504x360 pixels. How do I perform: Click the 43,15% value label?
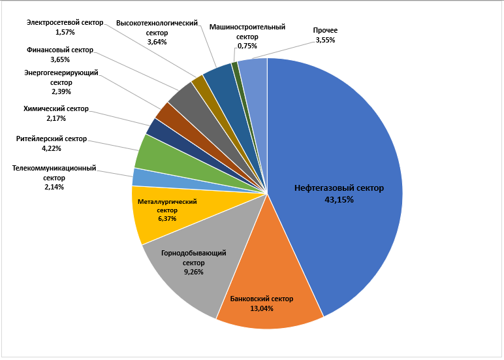pos(339,200)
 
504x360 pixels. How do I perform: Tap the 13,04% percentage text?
pos(261,309)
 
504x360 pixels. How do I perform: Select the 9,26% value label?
pos(185,271)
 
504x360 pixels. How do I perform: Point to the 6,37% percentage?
pos(167,219)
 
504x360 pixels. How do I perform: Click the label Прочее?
pos(324,30)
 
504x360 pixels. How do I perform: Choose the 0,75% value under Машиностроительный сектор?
pos(247,46)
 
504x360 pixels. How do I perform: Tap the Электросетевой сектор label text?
pos(65,22)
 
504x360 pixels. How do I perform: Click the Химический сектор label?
pos(55,109)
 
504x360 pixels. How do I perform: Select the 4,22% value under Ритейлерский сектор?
pos(51,148)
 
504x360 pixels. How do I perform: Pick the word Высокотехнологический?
pos(157,23)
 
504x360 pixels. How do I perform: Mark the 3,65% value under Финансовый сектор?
pos(60,59)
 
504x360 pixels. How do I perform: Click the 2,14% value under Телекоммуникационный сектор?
pos(54,187)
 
